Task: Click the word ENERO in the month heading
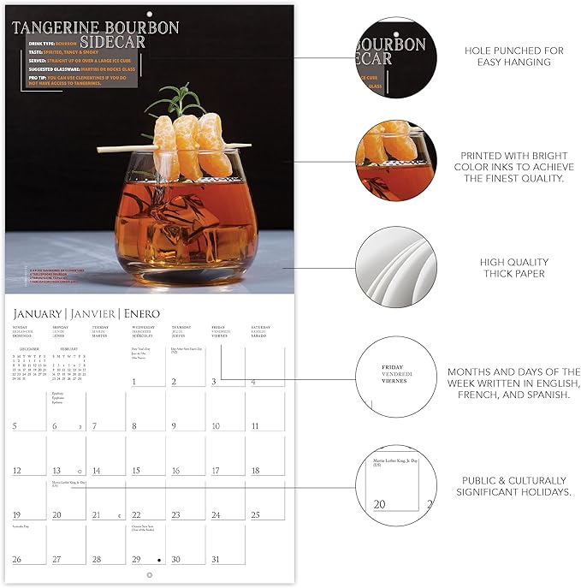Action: (140, 314)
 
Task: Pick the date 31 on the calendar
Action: (215, 559)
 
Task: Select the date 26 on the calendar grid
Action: (17, 559)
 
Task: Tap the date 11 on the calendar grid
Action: (255, 425)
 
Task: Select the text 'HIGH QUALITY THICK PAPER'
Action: (514, 268)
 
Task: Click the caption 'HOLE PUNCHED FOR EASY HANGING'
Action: (514, 56)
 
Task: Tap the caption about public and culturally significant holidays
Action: (514, 486)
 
